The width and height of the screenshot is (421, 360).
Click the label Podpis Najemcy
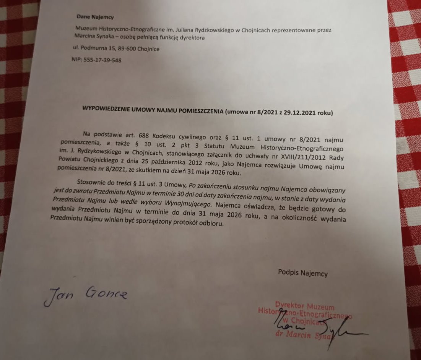click(x=303, y=273)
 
